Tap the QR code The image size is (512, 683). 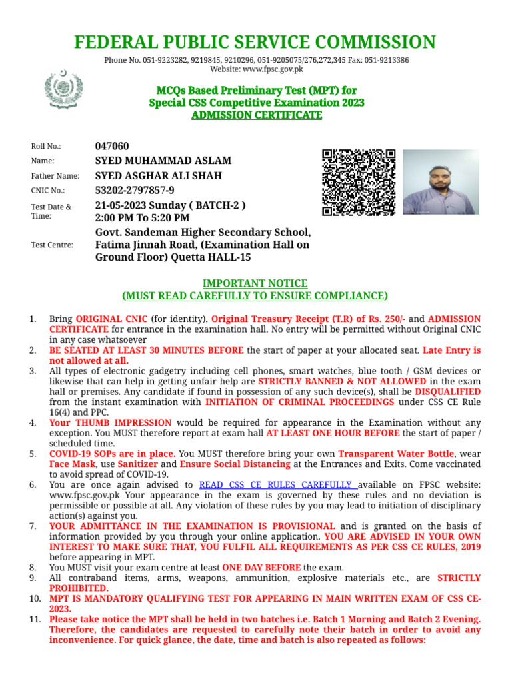tap(359, 182)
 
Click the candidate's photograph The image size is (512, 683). tap(441, 181)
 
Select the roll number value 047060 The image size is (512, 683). tap(112, 146)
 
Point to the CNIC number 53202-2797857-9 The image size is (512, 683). tap(135, 190)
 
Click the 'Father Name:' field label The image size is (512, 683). tap(55, 176)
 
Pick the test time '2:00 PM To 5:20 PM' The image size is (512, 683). tap(142, 218)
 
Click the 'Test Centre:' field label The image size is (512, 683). tap(52, 245)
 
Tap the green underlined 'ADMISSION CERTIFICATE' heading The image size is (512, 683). tap(256, 115)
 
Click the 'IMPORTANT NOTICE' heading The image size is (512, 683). tap(255, 283)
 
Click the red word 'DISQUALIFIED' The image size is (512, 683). tap(447, 392)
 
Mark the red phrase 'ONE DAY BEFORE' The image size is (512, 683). tap(261, 568)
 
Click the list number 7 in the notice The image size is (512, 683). tap(33, 526)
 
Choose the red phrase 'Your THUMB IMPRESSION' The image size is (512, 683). tap(110, 422)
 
